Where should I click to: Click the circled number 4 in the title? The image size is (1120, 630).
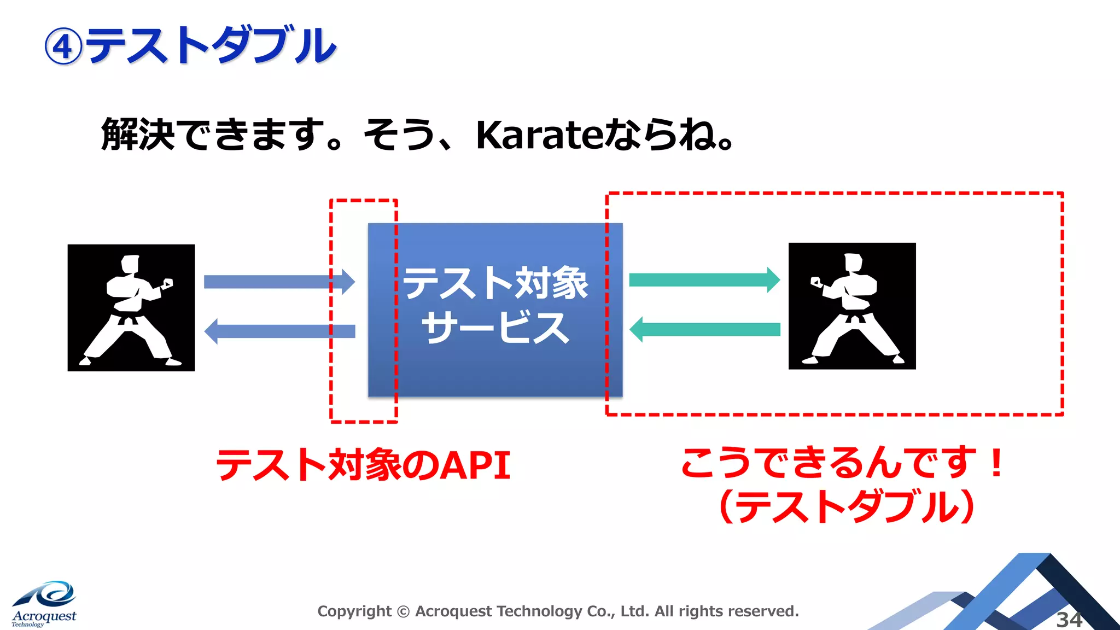point(63,47)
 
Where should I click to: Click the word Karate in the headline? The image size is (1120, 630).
point(539,135)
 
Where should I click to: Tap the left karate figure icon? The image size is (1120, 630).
point(131,308)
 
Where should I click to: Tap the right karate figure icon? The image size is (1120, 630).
point(852,306)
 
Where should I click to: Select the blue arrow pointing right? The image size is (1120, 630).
point(279,282)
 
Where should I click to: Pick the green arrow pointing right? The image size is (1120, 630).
point(704,280)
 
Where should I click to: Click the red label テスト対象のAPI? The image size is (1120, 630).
point(364,465)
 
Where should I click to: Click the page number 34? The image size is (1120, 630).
point(1069,620)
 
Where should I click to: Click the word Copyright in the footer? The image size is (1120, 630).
point(354,611)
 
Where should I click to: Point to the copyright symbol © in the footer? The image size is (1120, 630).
point(403,611)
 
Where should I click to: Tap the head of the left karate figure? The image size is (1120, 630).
point(130,264)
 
